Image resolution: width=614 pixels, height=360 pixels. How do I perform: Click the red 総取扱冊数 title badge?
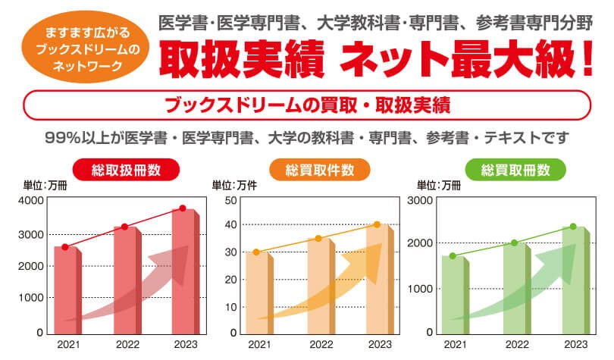tap(125, 169)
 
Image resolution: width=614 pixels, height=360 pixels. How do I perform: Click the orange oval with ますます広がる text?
tap(76, 49)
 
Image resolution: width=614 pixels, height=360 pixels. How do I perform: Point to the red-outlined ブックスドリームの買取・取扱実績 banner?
tap(307, 105)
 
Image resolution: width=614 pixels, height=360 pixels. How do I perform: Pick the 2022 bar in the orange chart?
tap(319, 286)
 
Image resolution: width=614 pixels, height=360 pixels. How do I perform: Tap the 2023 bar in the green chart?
tap(574, 280)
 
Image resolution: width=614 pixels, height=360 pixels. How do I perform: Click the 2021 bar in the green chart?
tap(453, 295)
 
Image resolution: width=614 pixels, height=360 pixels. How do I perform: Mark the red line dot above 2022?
tap(125, 227)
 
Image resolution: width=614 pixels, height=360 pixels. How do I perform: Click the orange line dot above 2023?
tap(377, 224)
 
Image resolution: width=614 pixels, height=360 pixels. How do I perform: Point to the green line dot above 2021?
tap(453, 255)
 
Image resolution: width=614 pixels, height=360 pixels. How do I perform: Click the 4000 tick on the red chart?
tap(32, 200)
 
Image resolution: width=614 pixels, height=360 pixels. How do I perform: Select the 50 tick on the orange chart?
tap(231, 200)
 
